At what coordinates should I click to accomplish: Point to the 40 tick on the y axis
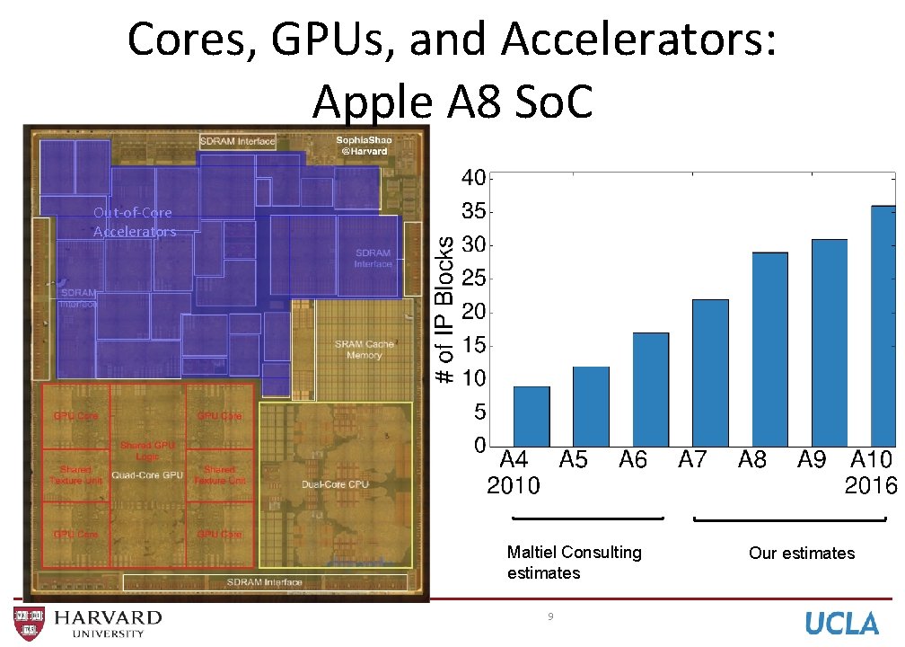473,178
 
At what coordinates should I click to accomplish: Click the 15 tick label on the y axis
473,345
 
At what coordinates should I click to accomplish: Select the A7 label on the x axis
692,461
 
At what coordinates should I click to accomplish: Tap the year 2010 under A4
514,486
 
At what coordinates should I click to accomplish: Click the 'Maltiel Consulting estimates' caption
574,563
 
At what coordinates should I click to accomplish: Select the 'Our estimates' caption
802,554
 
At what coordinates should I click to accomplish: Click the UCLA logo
841,623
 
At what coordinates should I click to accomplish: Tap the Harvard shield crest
28,623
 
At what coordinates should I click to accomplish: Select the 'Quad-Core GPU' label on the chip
147,474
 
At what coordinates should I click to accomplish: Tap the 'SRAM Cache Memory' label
365,350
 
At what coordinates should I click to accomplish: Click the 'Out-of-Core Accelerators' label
134,222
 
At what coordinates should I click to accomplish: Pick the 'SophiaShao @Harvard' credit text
364,146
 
